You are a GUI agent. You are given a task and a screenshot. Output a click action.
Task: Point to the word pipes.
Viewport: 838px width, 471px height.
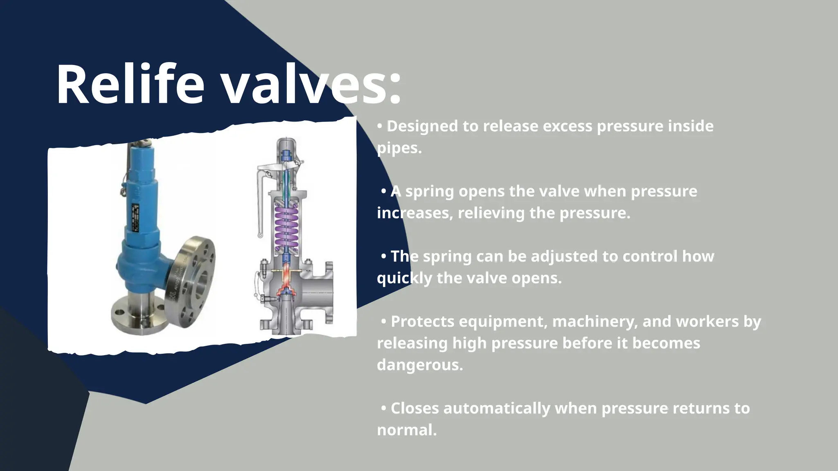point(399,148)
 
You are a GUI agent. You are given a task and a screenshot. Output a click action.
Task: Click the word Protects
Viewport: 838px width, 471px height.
point(422,321)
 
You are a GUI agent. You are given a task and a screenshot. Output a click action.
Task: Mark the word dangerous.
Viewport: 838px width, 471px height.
point(420,365)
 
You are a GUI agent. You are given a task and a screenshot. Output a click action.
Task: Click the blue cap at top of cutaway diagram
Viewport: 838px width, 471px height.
point(286,155)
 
